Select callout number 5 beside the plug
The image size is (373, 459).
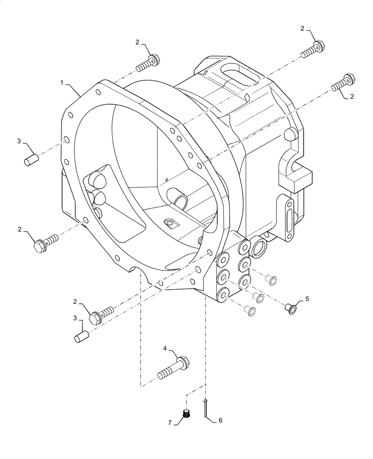pyautogui.click(x=307, y=299)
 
